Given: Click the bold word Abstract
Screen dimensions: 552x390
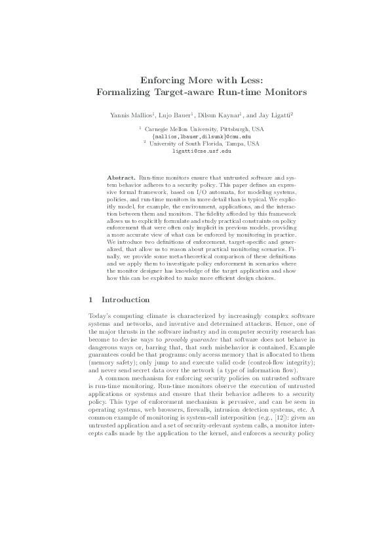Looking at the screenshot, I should point(121,178).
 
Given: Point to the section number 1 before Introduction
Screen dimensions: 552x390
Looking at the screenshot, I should point(90,299).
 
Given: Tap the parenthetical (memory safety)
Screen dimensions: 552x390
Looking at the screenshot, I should point(112,362).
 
